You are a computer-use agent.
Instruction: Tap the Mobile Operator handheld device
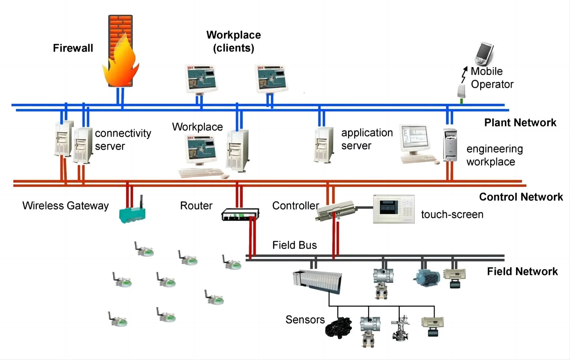coord(484,54)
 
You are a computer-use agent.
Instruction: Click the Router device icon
coord(240,214)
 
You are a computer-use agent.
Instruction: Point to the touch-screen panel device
coord(394,209)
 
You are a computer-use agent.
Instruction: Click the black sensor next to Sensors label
coord(339,327)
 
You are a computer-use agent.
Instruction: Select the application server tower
coord(324,145)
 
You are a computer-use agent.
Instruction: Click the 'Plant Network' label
coord(520,123)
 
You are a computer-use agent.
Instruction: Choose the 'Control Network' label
coord(521,197)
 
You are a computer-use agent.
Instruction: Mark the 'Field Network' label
coord(522,271)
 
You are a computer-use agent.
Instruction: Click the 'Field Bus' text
coord(294,245)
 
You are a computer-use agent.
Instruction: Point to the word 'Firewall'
coord(73,48)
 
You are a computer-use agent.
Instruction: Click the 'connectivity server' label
coord(123,139)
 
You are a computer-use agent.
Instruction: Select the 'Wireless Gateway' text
coord(65,205)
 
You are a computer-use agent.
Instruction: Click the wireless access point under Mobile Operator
coord(462,92)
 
